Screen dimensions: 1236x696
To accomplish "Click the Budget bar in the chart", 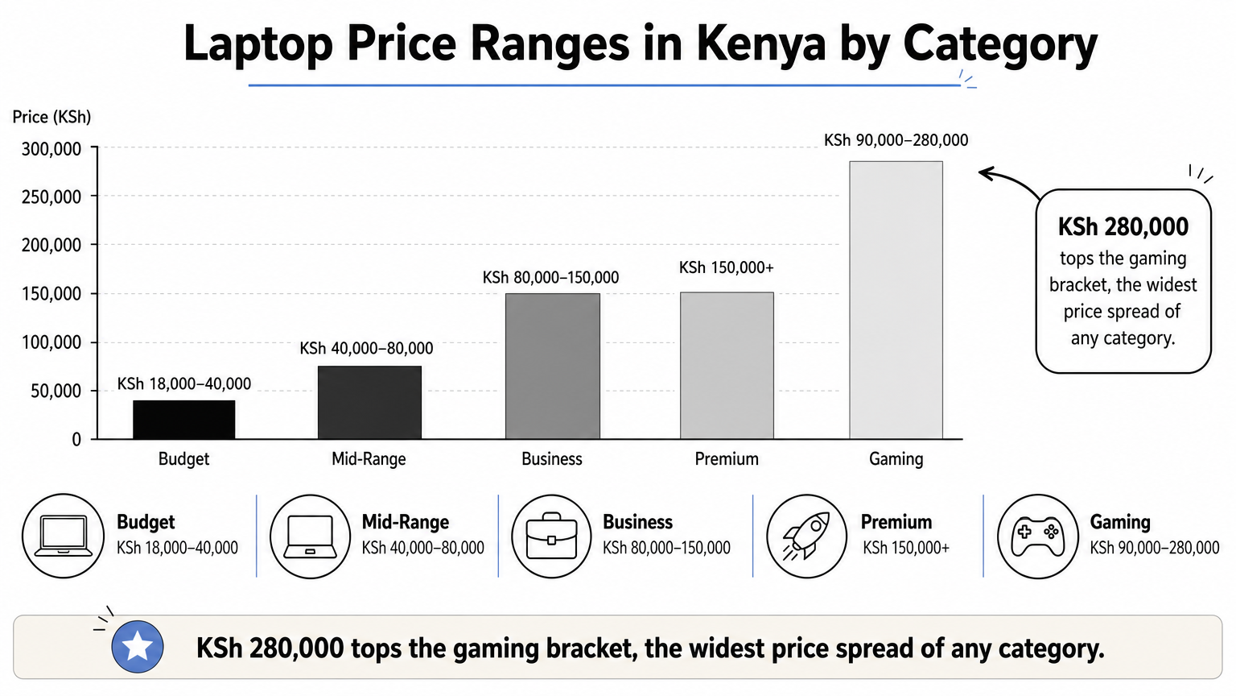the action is [183, 419].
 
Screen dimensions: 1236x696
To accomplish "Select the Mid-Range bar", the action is [369, 402].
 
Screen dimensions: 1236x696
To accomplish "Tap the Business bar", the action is [552, 366].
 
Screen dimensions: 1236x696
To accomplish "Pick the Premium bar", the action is [727, 365].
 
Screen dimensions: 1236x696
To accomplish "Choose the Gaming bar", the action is [896, 300].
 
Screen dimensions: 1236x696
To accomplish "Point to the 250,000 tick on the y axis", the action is [51, 197].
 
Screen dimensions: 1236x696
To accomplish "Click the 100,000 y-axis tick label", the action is [51, 342].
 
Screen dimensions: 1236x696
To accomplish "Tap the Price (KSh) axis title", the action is [51, 117].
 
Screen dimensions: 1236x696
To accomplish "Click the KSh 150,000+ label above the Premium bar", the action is [726, 268].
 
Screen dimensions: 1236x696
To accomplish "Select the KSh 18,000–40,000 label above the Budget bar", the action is [183, 384].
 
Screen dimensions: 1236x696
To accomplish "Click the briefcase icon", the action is [551, 536].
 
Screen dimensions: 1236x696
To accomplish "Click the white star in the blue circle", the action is [138, 646].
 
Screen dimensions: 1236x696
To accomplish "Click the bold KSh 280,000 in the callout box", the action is [1123, 227].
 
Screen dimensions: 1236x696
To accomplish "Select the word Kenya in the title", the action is [761, 43].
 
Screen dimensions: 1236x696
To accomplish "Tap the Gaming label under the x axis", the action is [896, 459].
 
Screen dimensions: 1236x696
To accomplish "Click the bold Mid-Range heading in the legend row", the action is [405, 522].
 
